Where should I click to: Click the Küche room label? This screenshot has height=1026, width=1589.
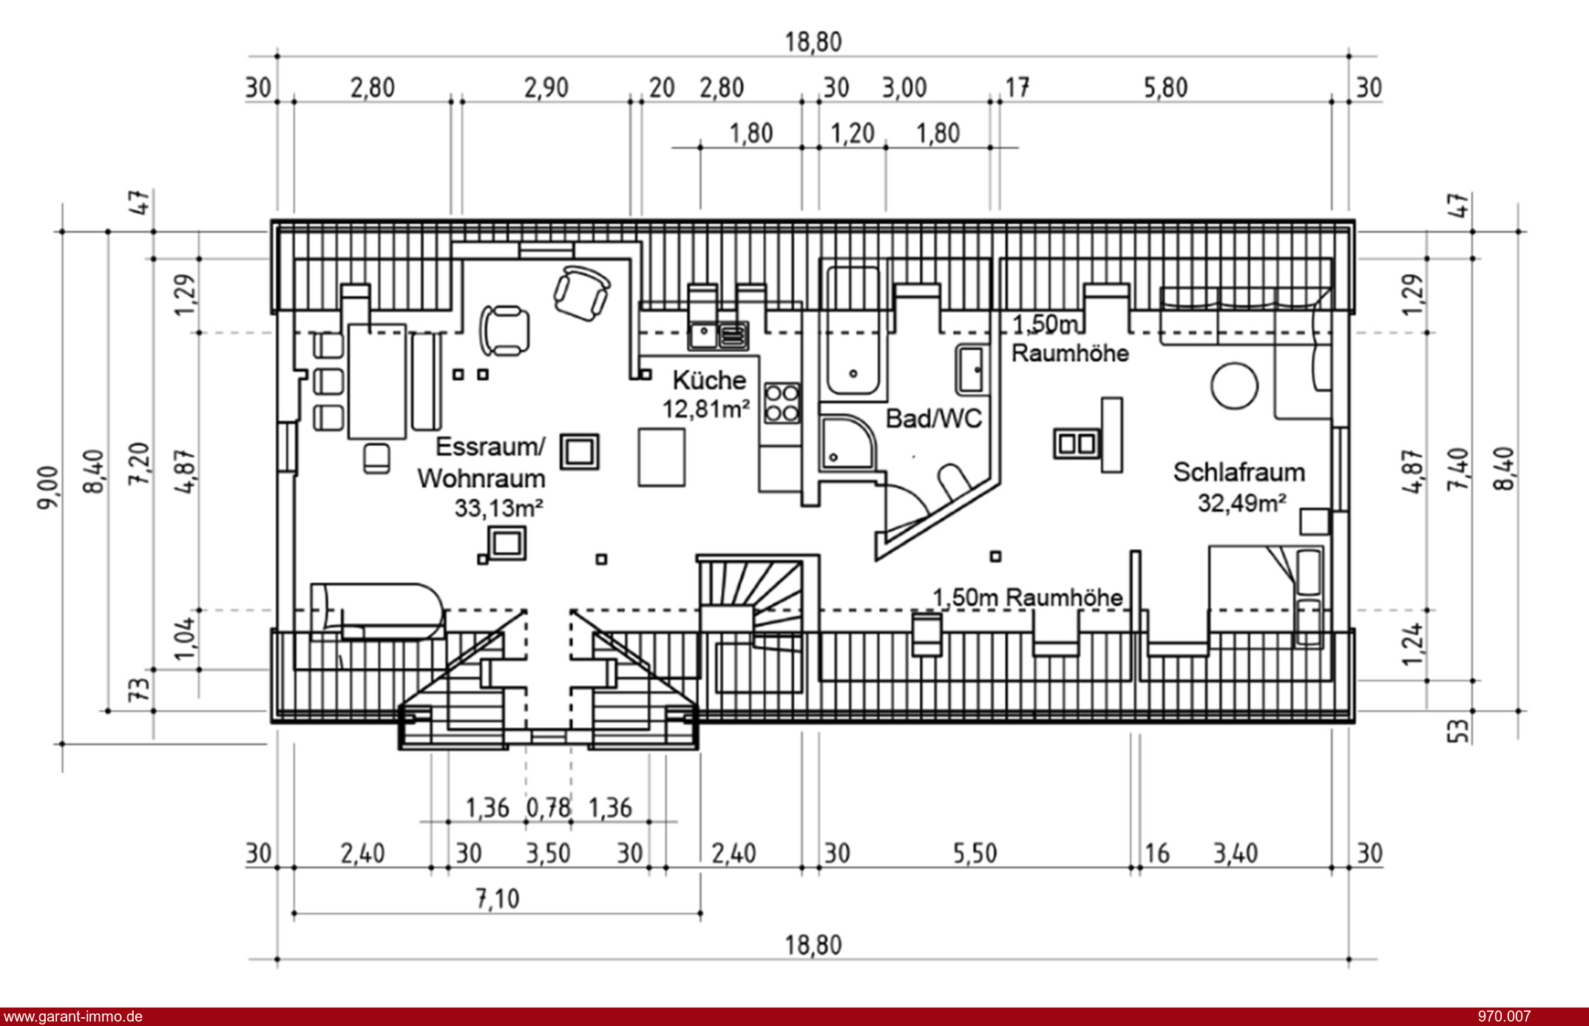click(x=709, y=380)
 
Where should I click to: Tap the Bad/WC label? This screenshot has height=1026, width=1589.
click(x=934, y=419)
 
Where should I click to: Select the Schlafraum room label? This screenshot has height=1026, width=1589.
click(x=1239, y=472)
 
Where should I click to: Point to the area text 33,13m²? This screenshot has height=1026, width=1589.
click(x=499, y=508)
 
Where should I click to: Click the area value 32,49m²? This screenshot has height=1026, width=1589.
click(x=1242, y=503)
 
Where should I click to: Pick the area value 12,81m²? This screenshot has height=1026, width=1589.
click(x=706, y=408)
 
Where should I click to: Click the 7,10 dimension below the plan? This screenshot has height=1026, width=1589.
click(x=497, y=899)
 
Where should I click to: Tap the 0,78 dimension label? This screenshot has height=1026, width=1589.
click(x=548, y=808)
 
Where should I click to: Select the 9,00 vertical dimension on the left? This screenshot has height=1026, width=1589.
click(x=48, y=487)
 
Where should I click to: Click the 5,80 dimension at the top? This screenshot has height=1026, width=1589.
click(x=1165, y=88)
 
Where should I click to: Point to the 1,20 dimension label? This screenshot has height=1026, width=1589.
click(x=853, y=134)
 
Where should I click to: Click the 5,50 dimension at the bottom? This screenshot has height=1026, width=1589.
click(x=975, y=854)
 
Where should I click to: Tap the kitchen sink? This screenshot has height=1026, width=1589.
click(x=718, y=335)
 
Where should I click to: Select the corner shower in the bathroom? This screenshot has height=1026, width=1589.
click(x=847, y=444)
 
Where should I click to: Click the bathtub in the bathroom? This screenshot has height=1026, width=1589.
click(x=853, y=331)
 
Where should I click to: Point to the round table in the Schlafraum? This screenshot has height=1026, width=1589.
click(x=1234, y=385)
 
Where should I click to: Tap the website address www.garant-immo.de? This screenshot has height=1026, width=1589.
click(x=72, y=1017)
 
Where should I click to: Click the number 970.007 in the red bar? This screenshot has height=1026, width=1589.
click(x=1504, y=1017)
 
